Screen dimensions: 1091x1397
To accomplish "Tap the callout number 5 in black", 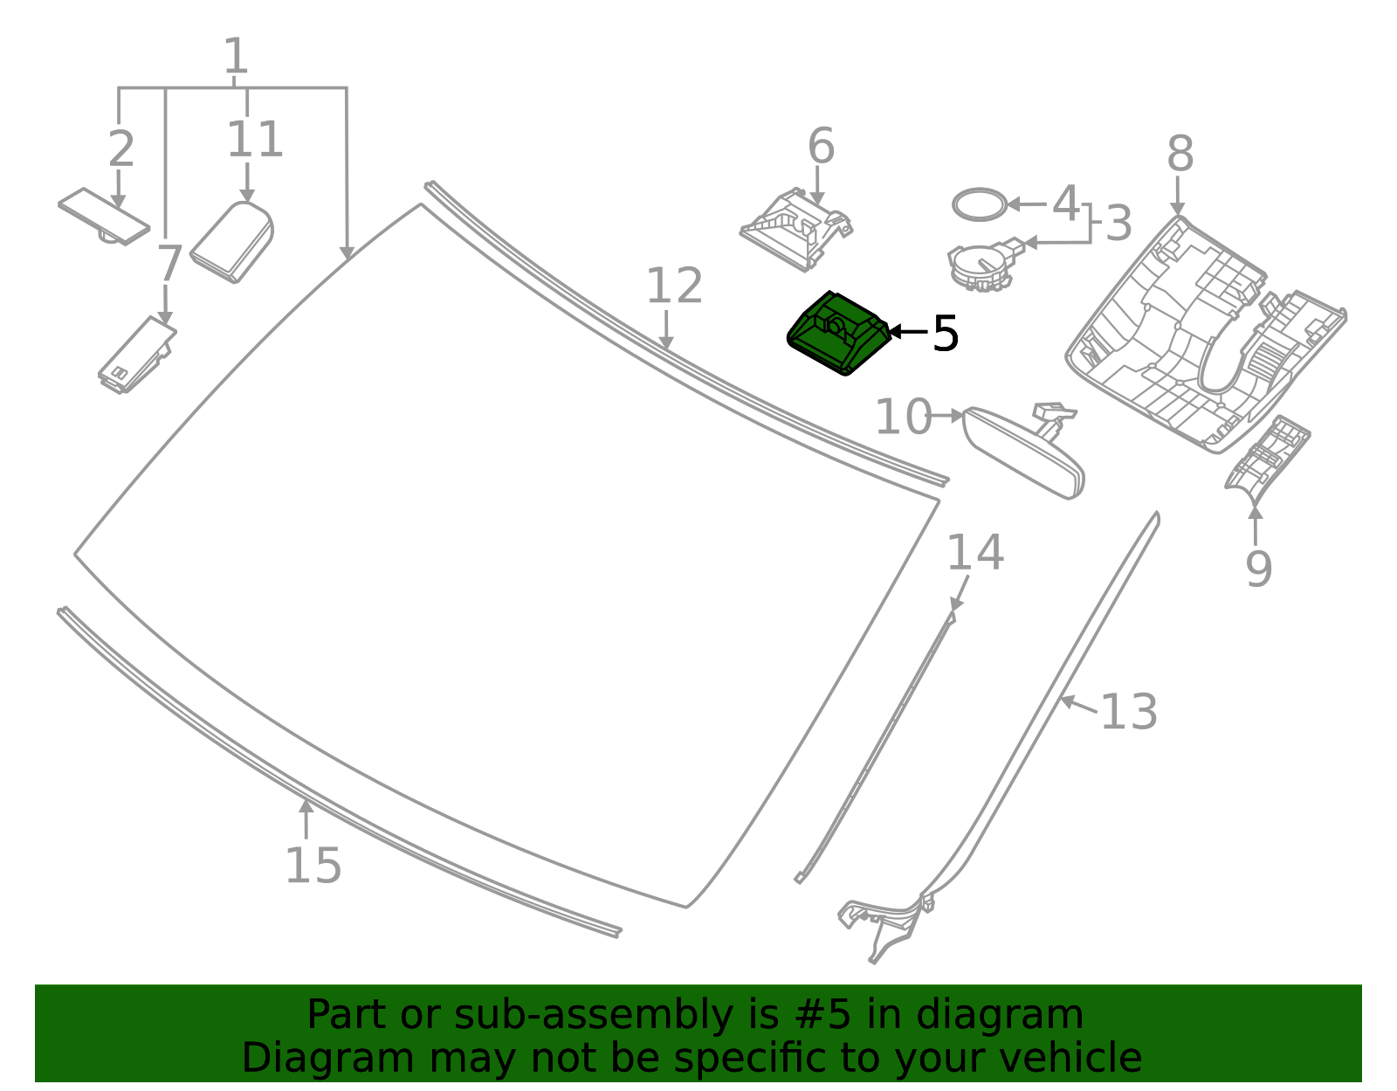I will pyautogui.click(x=946, y=334).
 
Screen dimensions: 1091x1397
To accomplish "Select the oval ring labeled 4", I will pyautogui.click(x=978, y=204).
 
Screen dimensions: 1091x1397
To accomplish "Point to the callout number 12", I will pyautogui.click(x=674, y=287).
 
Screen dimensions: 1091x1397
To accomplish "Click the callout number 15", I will pyautogui.click(x=313, y=866).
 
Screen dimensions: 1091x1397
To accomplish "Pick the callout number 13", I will pyautogui.click(x=1128, y=712).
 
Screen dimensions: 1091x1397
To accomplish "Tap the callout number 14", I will pyautogui.click(x=975, y=553).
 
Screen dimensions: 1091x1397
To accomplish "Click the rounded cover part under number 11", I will pyautogui.click(x=232, y=244).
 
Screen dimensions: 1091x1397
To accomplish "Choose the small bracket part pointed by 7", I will pyautogui.click(x=136, y=356).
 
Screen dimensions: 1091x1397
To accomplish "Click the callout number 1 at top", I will pyautogui.click(x=236, y=57).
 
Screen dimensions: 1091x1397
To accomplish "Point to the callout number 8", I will pyautogui.click(x=1180, y=155).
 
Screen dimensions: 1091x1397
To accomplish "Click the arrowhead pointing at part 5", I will pyautogui.click(x=894, y=332).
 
